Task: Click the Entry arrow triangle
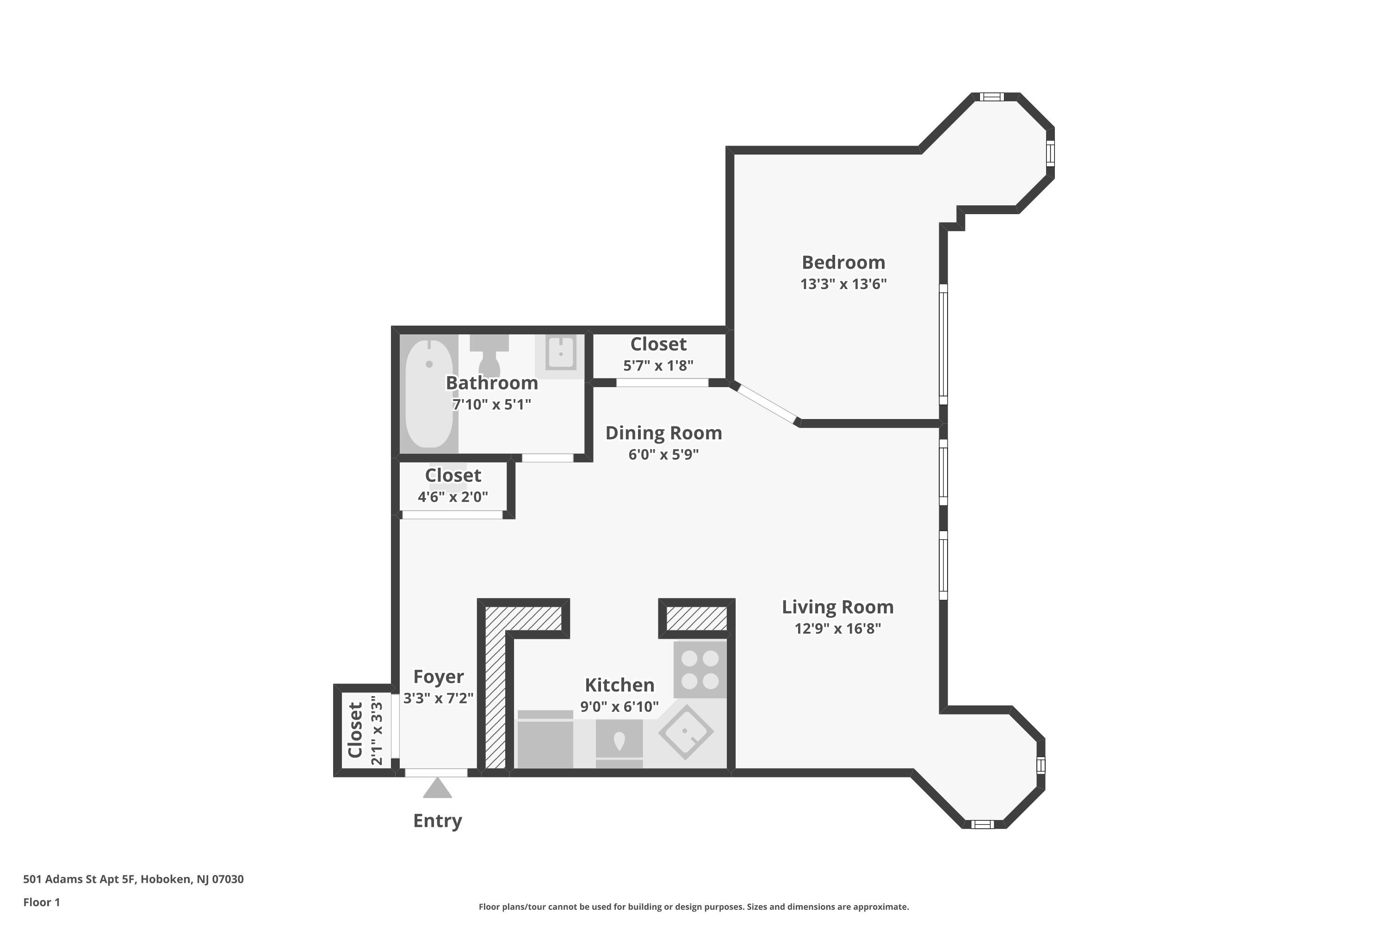(x=437, y=789)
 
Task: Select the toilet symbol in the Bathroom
(x=489, y=354)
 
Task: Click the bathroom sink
(x=560, y=354)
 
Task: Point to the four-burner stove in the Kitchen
(x=700, y=670)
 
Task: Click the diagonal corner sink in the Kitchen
(x=685, y=732)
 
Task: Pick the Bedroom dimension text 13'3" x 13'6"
(x=843, y=284)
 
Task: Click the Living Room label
(x=837, y=607)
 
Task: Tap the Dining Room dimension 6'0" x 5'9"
(x=663, y=455)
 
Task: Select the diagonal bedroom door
(x=765, y=403)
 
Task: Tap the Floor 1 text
(x=41, y=902)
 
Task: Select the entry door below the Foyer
(x=435, y=773)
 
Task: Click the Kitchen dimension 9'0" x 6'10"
(x=619, y=707)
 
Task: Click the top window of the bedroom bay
(x=991, y=97)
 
